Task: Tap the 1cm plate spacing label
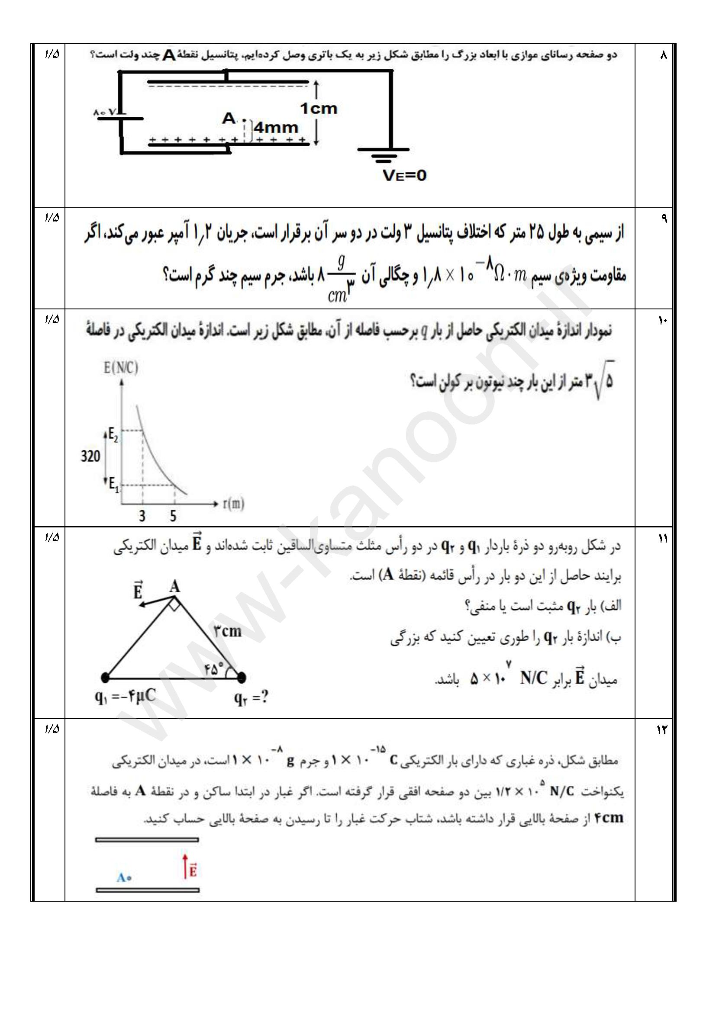(x=319, y=109)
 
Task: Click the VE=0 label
(x=404, y=176)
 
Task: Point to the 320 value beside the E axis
(x=90, y=456)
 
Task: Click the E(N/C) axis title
(x=121, y=368)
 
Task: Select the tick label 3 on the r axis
(x=142, y=516)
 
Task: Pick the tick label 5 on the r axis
(x=173, y=516)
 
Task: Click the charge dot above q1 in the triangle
(x=104, y=678)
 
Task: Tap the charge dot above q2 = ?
(x=241, y=678)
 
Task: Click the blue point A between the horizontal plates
(x=129, y=878)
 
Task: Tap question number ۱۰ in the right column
(x=663, y=321)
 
